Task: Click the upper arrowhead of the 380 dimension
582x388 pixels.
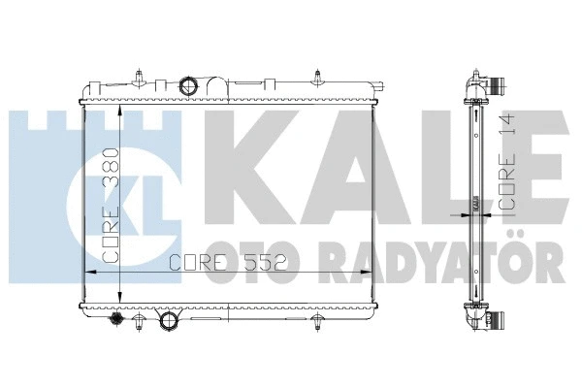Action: [119, 110]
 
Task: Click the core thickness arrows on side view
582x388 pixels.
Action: [475, 204]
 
